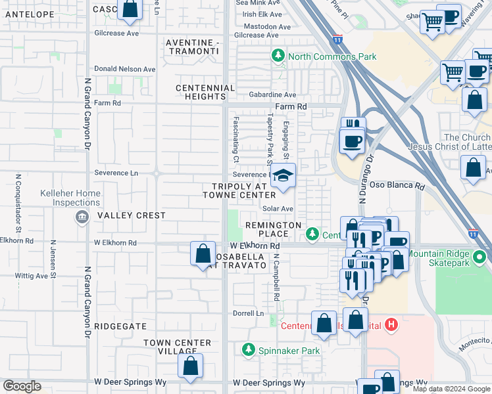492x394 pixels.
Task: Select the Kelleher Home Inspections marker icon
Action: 82,217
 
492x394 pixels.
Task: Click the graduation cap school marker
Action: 283,176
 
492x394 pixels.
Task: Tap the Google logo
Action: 21,386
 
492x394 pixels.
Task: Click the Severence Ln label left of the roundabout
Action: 116,173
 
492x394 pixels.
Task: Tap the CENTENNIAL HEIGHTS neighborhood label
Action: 205,92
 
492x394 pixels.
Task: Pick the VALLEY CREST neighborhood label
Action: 132,215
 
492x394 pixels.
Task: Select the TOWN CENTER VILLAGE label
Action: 177,347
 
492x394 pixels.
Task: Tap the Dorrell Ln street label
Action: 248,313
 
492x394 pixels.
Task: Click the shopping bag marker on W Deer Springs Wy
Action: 190,367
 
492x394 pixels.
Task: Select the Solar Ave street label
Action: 278,208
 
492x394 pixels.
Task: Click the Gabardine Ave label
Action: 272,95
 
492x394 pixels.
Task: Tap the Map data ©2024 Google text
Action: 451,389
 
